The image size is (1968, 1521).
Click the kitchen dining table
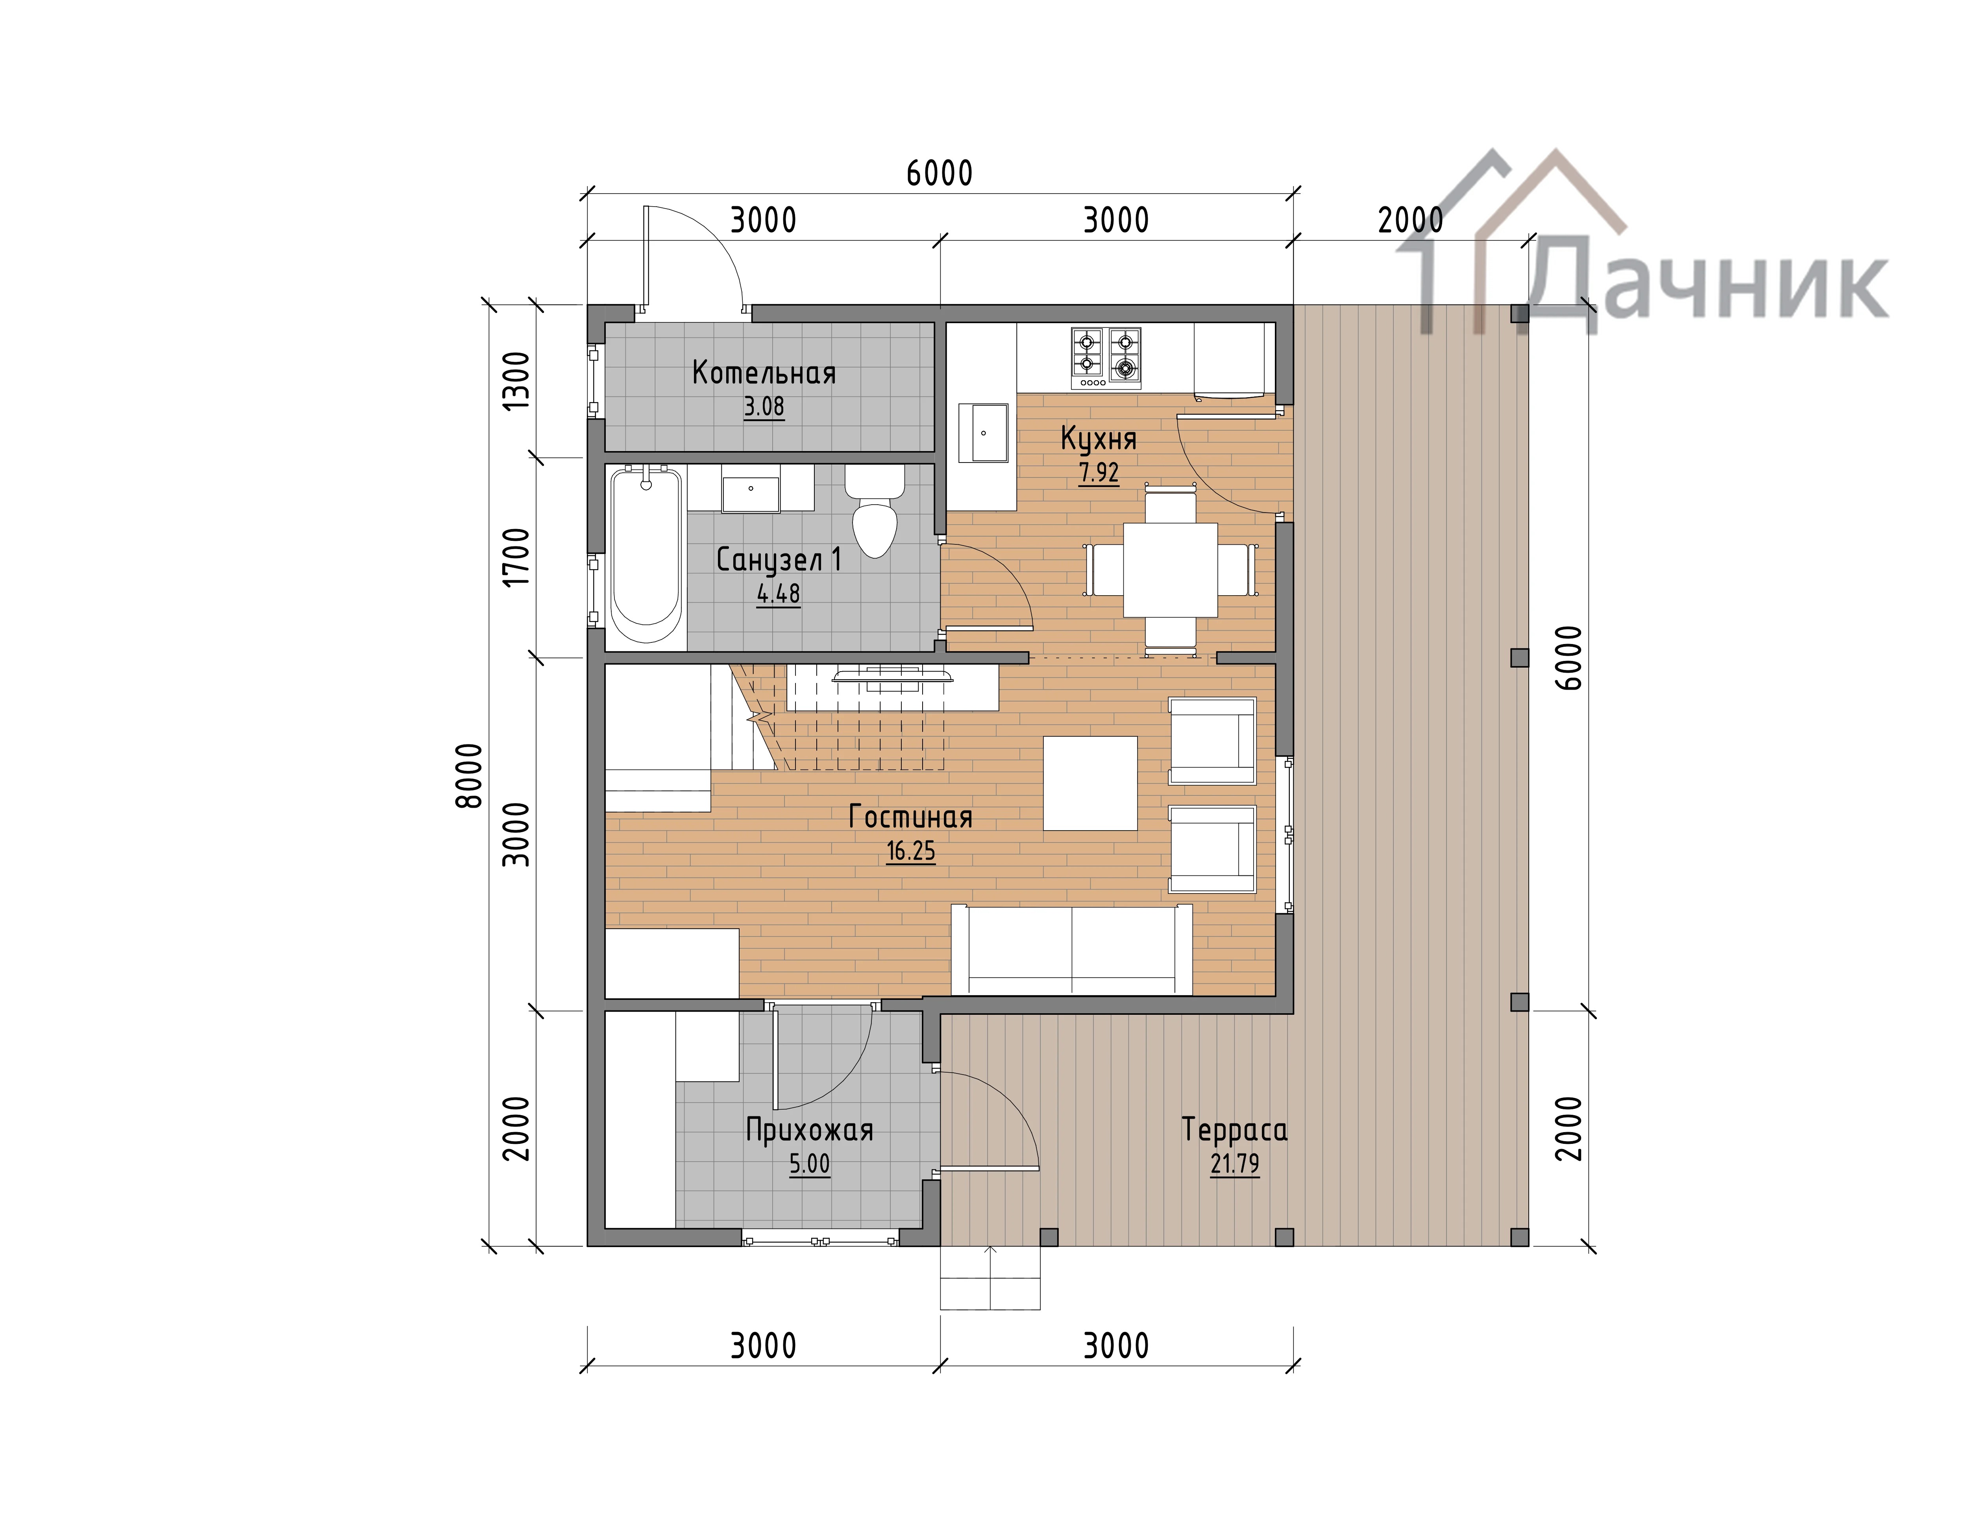tap(1171, 570)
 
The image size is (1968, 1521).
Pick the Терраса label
tap(1234, 1130)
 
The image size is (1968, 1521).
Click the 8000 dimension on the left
tap(470, 776)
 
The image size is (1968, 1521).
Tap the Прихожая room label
tap(809, 1130)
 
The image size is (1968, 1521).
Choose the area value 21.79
tap(1234, 1164)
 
